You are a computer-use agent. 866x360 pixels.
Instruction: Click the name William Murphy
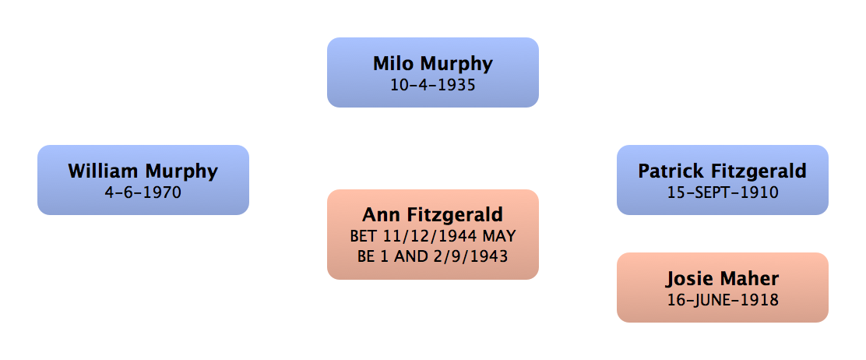click(x=143, y=171)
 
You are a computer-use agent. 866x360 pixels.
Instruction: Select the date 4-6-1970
click(x=143, y=191)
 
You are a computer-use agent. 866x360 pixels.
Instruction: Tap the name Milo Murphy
click(x=432, y=63)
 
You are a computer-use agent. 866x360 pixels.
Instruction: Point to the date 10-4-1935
click(x=432, y=84)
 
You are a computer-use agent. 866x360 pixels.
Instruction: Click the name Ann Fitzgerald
click(x=432, y=214)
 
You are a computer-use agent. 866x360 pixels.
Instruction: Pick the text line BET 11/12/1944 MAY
click(x=432, y=235)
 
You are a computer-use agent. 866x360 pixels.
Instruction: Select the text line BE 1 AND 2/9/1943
click(x=432, y=255)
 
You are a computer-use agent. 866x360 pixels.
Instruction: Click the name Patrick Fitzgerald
click(x=722, y=171)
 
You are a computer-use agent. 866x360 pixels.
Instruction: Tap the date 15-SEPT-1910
click(x=722, y=192)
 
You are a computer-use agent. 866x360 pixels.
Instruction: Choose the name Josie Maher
click(x=722, y=278)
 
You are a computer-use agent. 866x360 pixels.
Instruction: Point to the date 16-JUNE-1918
click(x=722, y=299)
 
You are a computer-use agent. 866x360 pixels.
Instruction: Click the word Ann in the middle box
click(x=379, y=214)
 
